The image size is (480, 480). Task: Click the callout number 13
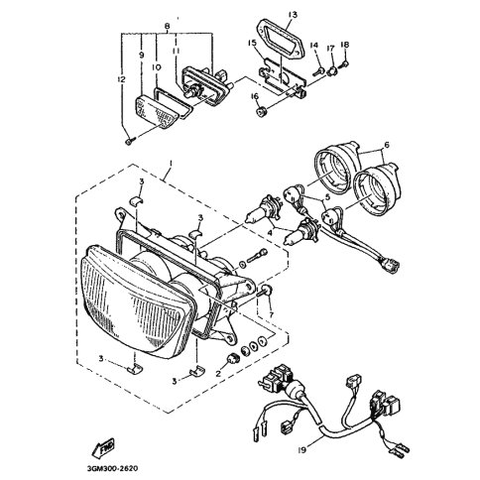[x=293, y=15]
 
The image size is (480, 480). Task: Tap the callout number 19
[x=301, y=449]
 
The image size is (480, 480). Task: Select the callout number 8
[x=167, y=26]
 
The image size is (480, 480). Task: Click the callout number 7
[x=272, y=314]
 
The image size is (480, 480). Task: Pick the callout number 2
[x=218, y=374]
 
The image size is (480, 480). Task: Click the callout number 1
[x=171, y=163]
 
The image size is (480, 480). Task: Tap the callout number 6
[x=387, y=145]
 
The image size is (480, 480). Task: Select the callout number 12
[x=121, y=79]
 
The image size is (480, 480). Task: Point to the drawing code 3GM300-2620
[x=113, y=468]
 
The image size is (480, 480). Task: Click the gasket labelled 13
[x=281, y=39]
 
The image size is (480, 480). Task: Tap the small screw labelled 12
[x=130, y=142]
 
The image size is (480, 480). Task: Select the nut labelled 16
[x=262, y=112]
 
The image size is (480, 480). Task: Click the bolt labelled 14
[x=318, y=70]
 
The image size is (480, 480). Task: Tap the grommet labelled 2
[x=234, y=359]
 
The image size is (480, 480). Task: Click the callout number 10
[x=157, y=67]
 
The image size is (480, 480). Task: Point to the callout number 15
[x=253, y=43]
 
